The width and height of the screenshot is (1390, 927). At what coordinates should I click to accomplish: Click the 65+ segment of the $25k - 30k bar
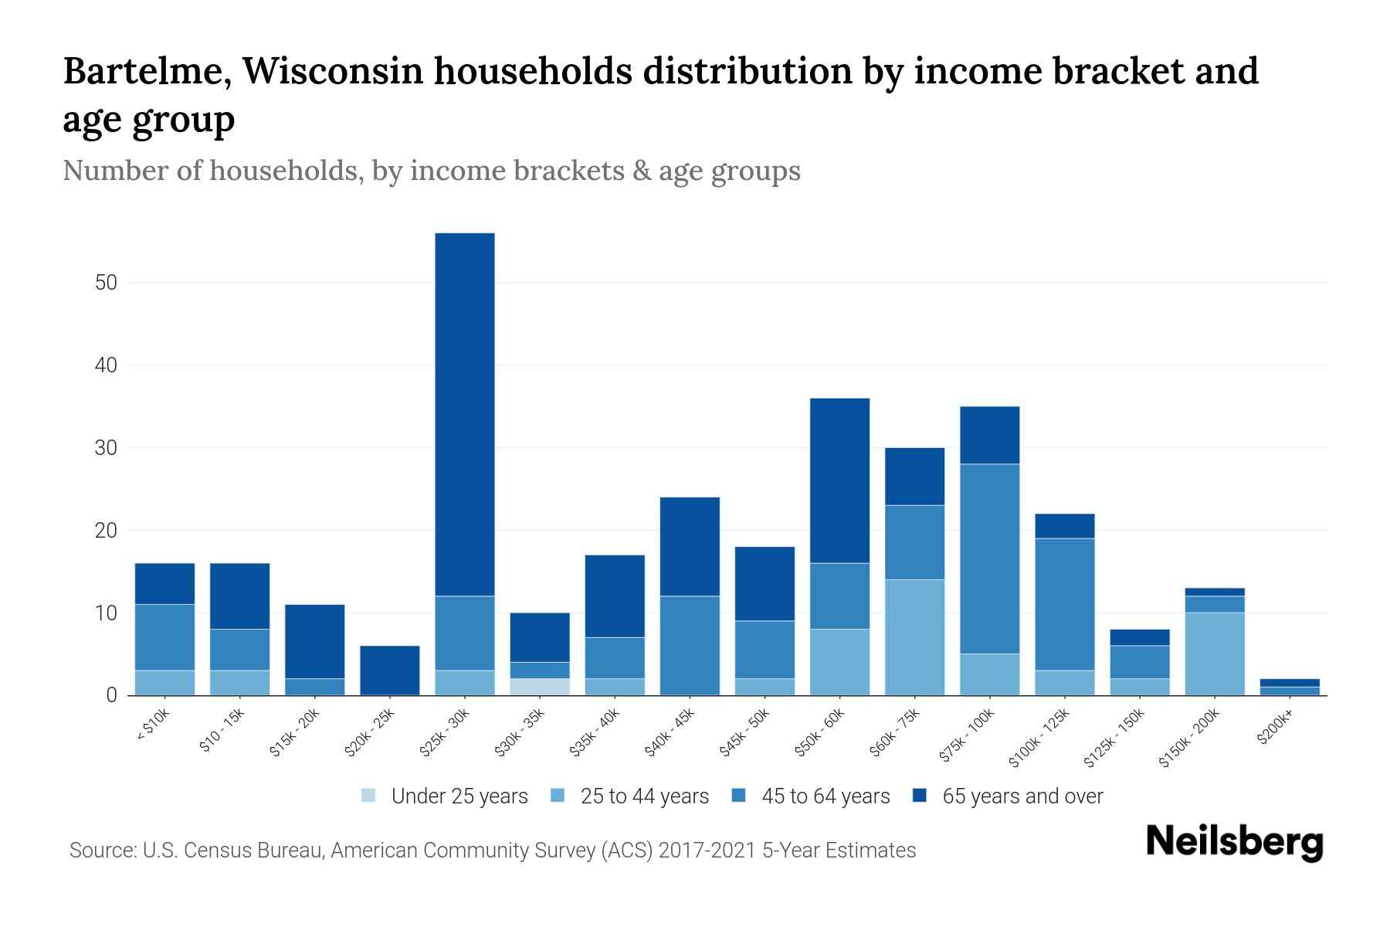point(465,414)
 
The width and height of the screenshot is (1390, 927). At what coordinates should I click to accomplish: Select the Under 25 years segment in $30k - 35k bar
point(540,687)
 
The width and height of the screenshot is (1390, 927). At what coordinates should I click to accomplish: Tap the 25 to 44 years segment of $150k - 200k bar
point(1215,654)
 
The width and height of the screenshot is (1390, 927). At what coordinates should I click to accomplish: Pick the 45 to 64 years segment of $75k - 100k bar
point(989,559)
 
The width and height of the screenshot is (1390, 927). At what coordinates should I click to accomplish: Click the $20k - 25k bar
point(390,670)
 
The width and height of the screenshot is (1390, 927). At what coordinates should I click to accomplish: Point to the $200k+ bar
point(1290,687)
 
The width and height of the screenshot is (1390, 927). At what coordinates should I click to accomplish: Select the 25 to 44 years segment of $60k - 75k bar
point(914,637)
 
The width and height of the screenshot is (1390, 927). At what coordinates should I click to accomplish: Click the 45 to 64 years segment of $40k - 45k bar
point(690,645)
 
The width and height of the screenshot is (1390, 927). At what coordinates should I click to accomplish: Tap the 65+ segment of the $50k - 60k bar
point(839,480)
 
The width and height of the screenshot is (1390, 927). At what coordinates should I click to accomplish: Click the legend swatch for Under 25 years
point(369,795)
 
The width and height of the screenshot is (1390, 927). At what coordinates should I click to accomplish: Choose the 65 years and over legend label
point(1022,796)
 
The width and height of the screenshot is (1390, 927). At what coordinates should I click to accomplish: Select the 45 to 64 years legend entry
point(826,796)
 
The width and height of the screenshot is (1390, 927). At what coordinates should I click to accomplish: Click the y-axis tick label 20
point(107,531)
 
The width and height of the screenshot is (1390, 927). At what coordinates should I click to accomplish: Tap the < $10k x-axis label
point(153,725)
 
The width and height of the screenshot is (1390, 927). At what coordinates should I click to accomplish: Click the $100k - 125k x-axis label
point(1039,739)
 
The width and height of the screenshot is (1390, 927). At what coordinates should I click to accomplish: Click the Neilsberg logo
point(1234,842)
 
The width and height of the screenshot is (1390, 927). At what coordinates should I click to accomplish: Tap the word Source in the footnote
point(100,851)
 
